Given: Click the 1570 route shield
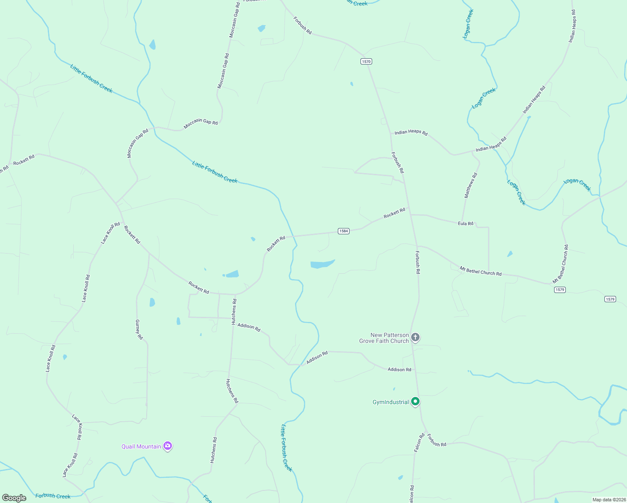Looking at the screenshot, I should pyautogui.click(x=366, y=62).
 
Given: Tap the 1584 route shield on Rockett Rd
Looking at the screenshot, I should pyautogui.click(x=344, y=231).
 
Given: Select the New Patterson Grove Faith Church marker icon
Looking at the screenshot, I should pyautogui.click(x=415, y=337).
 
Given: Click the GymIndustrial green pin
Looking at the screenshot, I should pyautogui.click(x=415, y=402).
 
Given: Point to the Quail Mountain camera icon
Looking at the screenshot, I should pyautogui.click(x=168, y=446).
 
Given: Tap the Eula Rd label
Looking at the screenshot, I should pyautogui.click(x=466, y=224).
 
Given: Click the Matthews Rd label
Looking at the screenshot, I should pyautogui.click(x=471, y=185).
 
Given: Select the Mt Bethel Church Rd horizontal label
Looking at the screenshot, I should pyautogui.click(x=480, y=271).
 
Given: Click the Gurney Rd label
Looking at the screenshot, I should pyautogui.click(x=139, y=329).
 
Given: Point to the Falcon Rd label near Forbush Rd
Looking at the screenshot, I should pyautogui.click(x=419, y=443).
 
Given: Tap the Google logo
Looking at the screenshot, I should pyautogui.click(x=14, y=498).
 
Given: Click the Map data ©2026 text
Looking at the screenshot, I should pyautogui.click(x=608, y=500).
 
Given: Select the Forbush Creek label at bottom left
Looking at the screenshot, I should pyautogui.click(x=53, y=496).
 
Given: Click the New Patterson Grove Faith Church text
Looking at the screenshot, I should pyautogui.click(x=384, y=338).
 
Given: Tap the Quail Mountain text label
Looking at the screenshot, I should pyautogui.click(x=141, y=446).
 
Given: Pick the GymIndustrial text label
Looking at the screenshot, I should pyautogui.click(x=391, y=402).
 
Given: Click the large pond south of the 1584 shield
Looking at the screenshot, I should pyautogui.click(x=322, y=264).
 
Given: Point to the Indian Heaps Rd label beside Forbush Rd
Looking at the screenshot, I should pyautogui.click(x=411, y=132).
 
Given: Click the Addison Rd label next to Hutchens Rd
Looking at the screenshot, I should pyautogui.click(x=249, y=327).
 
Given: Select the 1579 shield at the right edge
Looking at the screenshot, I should pyautogui.click(x=610, y=299).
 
